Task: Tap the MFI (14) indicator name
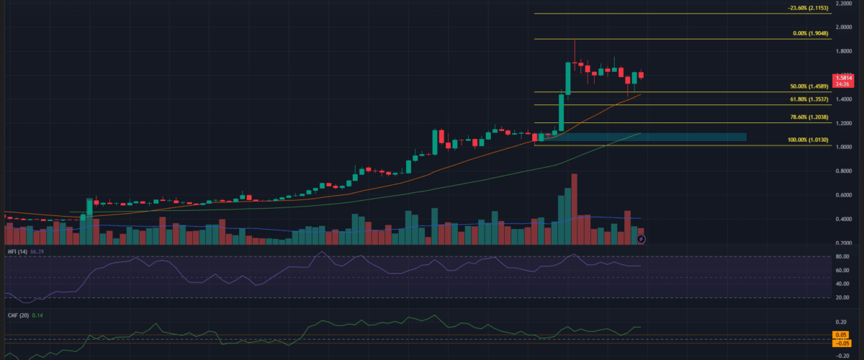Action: click(17, 251)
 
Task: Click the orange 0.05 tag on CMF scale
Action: click(840, 335)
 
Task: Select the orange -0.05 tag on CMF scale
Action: click(840, 343)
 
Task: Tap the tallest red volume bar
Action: click(575, 209)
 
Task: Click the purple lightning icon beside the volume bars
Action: click(641, 238)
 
